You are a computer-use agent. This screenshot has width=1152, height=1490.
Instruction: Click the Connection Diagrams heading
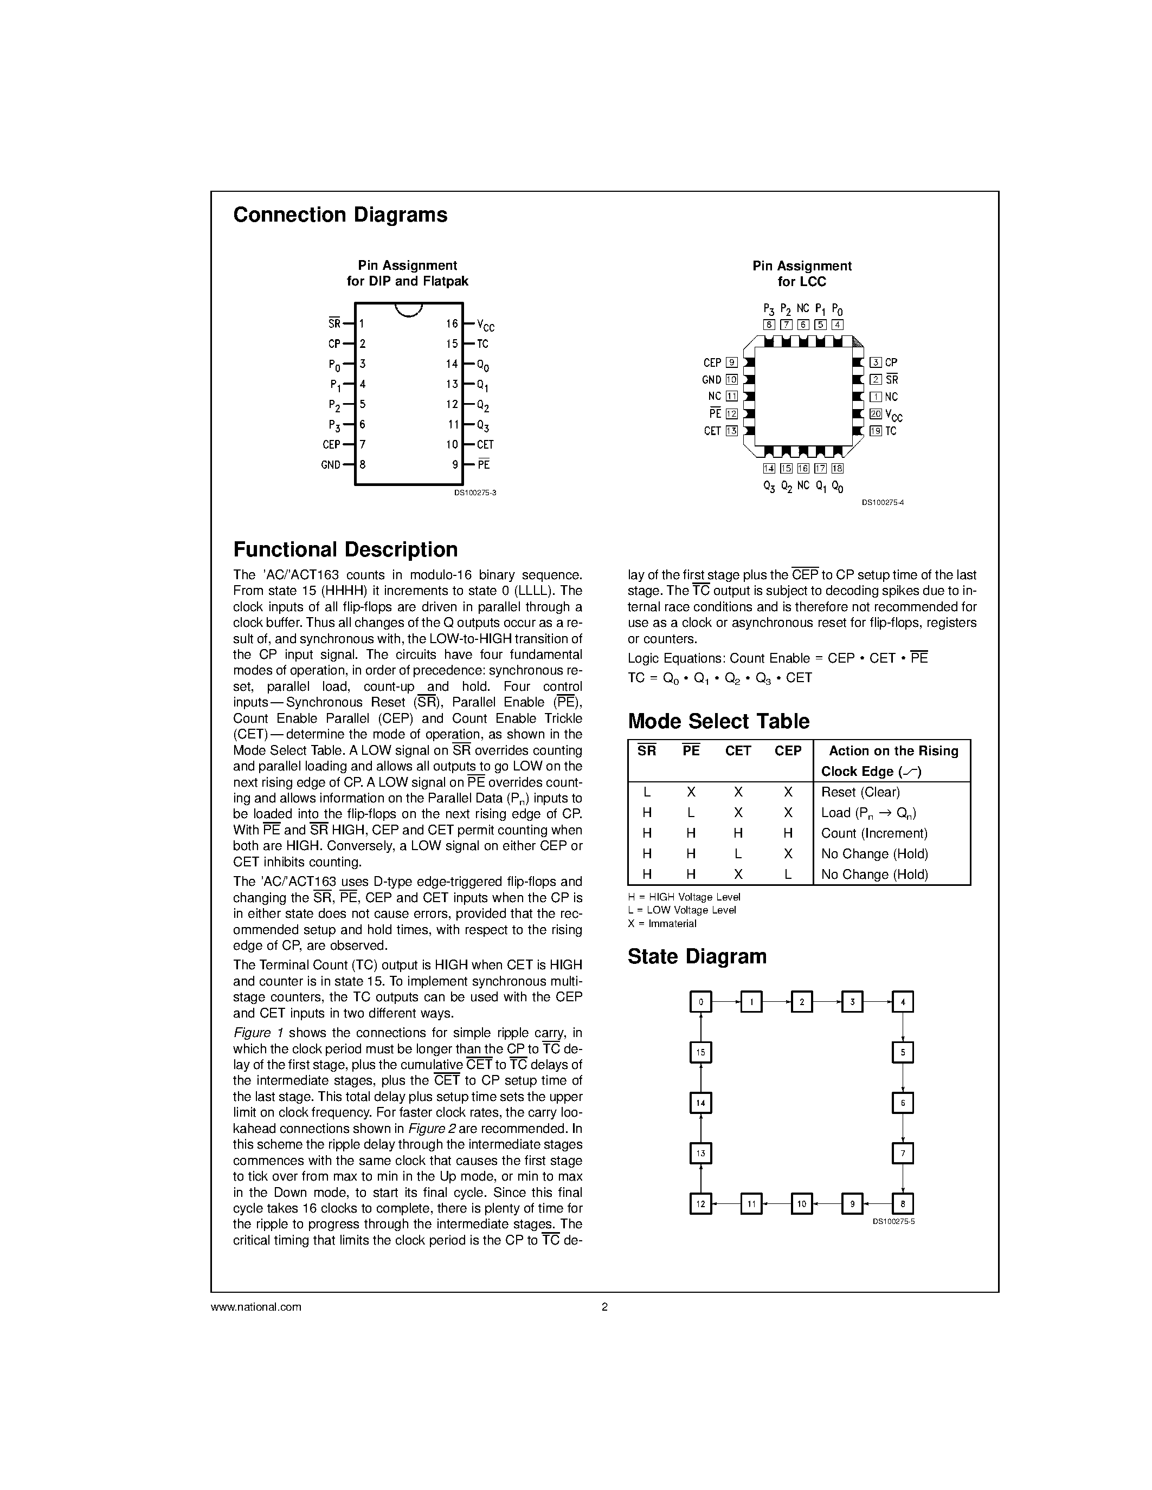tap(340, 215)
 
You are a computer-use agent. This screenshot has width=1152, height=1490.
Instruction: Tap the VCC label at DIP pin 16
tap(485, 326)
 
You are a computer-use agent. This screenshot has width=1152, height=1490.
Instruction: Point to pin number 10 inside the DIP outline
tap(452, 444)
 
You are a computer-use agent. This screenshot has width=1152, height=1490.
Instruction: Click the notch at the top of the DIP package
tap(409, 310)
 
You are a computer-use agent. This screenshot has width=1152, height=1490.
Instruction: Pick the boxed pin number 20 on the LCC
tap(876, 413)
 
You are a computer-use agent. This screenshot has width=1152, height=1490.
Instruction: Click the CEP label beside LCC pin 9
tap(712, 363)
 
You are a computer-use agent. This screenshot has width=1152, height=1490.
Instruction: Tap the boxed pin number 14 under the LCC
tap(769, 468)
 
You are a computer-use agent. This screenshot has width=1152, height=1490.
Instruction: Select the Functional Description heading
tap(345, 549)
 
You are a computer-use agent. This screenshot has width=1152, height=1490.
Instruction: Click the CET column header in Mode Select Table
tap(738, 750)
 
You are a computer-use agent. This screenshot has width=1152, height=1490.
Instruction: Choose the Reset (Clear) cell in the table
tap(860, 792)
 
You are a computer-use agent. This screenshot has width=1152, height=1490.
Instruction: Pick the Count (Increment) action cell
tap(873, 833)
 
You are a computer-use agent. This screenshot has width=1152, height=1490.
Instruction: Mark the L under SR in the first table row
tap(647, 792)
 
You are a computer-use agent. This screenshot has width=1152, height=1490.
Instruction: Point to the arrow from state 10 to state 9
tap(827, 1204)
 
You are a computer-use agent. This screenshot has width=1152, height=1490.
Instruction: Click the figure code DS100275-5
tap(893, 1221)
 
